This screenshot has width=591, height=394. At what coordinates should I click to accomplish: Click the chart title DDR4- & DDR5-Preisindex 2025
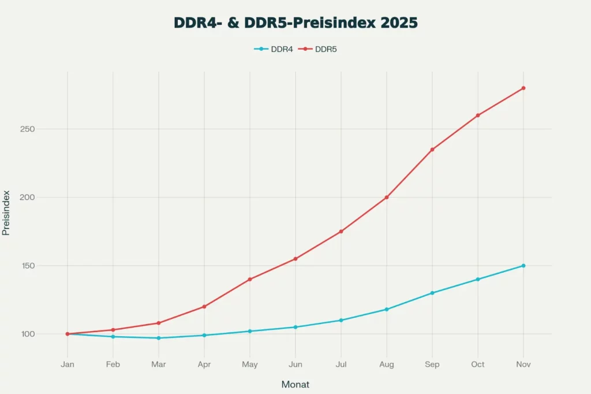click(x=295, y=23)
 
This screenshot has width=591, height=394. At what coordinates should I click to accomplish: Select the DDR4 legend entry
click(x=274, y=49)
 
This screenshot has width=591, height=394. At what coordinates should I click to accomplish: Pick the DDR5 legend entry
click(x=318, y=49)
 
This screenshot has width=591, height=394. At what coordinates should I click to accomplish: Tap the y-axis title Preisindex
click(x=6, y=213)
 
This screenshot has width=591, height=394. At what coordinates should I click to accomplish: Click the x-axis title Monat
click(x=295, y=384)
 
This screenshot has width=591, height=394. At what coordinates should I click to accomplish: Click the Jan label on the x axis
click(x=68, y=365)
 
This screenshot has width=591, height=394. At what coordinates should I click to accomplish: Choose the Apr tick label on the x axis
click(x=204, y=365)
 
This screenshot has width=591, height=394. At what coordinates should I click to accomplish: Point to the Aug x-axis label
click(x=387, y=365)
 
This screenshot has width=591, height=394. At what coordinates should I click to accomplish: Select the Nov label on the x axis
click(x=523, y=365)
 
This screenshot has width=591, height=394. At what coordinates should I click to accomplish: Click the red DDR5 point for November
click(x=523, y=88)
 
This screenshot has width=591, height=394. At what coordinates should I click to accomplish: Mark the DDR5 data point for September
click(x=432, y=150)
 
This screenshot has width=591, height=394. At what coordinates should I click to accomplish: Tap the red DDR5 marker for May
click(x=250, y=279)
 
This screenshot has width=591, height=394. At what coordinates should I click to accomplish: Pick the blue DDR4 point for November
click(x=523, y=266)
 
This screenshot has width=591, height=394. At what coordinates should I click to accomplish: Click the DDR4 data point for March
click(x=159, y=338)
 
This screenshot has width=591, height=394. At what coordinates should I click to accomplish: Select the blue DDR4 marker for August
click(x=387, y=309)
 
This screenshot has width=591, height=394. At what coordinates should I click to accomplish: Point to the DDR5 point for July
click(x=341, y=231)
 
